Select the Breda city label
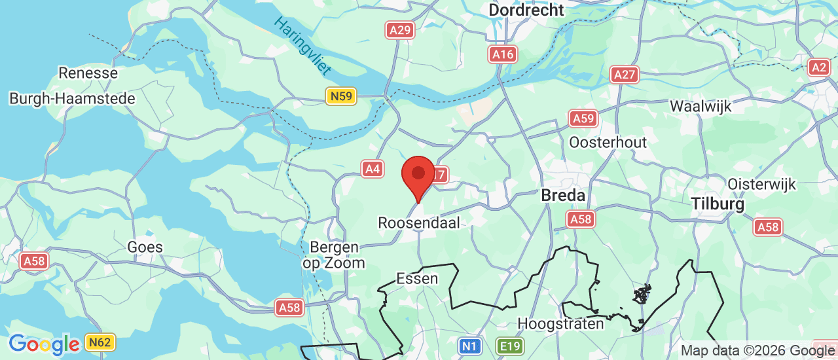pyautogui.click(x=562, y=195)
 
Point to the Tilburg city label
pyautogui.click(x=718, y=204)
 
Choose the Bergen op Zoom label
pyautogui.click(x=333, y=255)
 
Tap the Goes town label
pyautogui.click(x=145, y=247)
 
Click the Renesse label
pyautogui.click(x=88, y=73)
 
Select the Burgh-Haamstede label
pyautogui.click(x=72, y=99)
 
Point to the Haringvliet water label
pyautogui.click(x=302, y=46)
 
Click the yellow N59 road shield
pyautogui.click(x=340, y=97)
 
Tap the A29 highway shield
pyautogui.click(x=399, y=30)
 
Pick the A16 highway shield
pyautogui.click(x=503, y=54)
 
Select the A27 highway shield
pyautogui.click(x=625, y=75)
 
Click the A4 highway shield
pyautogui.click(x=373, y=169)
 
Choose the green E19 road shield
pyautogui.click(x=509, y=346)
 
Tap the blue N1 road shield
pyautogui.click(x=468, y=346)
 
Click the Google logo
pyautogui.click(x=44, y=344)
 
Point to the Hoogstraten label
pyautogui.click(x=560, y=323)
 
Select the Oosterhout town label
pyautogui.click(x=608, y=142)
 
